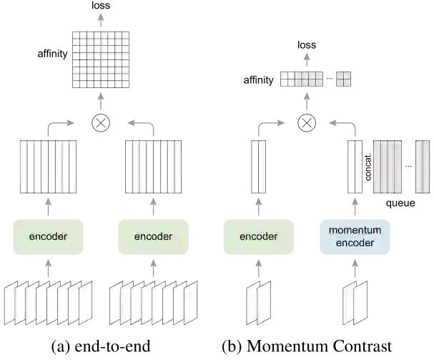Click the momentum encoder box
(x=355, y=237)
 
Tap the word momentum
(x=355, y=230)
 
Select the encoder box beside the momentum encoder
(x=258, y=237)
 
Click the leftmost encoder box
(x=48, y=237)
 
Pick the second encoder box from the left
(x=152, y=237)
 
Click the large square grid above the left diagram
(x=101, y=60)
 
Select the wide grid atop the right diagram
(x=302, y=77)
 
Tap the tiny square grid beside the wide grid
(x=342, y=77)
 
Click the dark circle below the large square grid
(x=102, y=124)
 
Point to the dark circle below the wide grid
(x=309, y=124)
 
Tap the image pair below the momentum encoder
(x=355, y=303)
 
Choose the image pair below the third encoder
(x=258, y=303)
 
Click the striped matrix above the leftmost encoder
(x=48, y=166)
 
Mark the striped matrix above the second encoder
(x=153, y=166)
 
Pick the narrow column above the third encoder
(x=259, y=166)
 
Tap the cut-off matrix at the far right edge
(x=422, y=166)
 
